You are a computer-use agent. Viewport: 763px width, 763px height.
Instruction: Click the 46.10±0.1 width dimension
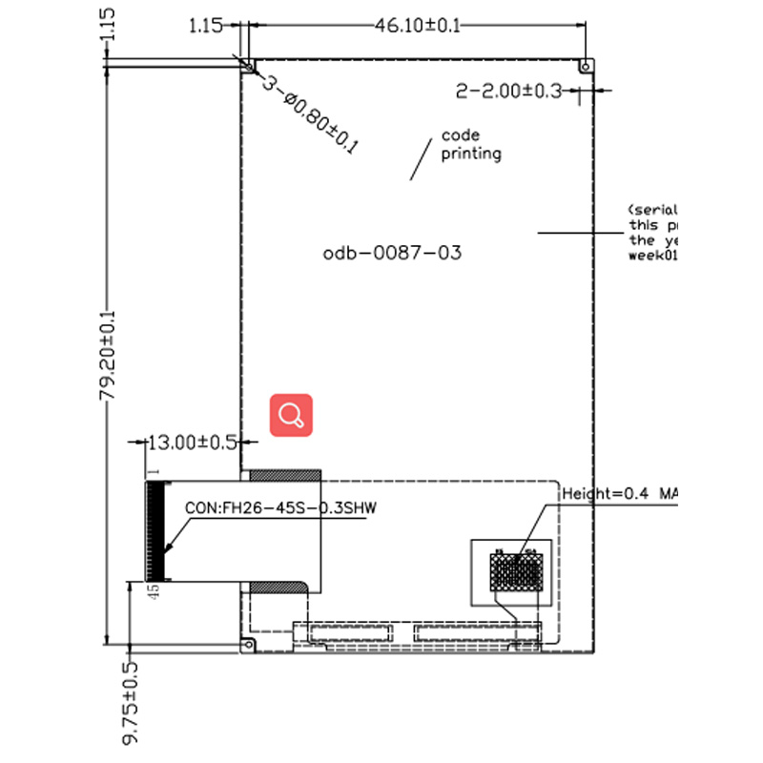[x=416, y=26]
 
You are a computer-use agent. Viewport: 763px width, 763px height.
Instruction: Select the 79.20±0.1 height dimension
[x=110, y=353]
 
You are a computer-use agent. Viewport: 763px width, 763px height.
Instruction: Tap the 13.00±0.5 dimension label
[x=191, y=443]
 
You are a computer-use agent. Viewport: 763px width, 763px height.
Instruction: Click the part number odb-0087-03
[x=392, y=254]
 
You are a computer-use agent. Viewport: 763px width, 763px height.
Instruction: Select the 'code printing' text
[x=470, y=145]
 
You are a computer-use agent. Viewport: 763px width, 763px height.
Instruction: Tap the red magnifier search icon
[x=292, y=415]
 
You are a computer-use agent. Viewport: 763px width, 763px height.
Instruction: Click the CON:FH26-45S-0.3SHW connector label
[x=281, y=508]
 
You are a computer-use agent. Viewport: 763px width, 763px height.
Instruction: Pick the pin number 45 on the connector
[x=153, y=593]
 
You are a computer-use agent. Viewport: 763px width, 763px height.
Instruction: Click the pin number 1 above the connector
[x=152, y=472]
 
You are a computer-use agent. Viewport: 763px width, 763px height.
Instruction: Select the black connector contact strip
[x=156, y=530]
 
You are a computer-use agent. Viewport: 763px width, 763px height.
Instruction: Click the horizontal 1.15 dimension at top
[x=205, y=26]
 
